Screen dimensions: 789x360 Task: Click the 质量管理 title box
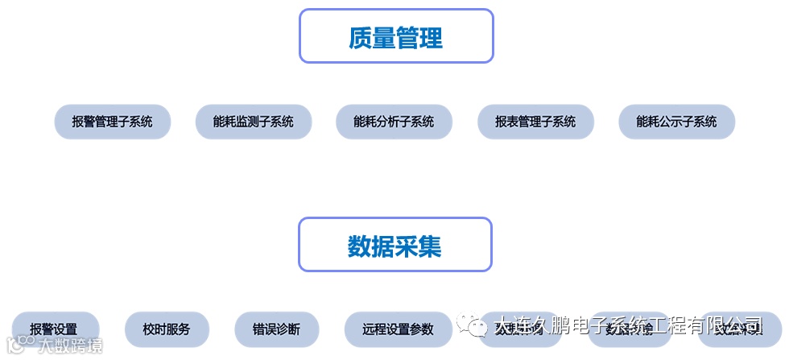[395, 36]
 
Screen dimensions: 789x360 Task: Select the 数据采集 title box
[394, 245]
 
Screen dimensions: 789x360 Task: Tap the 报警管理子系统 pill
[112, 122]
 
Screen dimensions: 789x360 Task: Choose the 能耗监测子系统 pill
[254, 122]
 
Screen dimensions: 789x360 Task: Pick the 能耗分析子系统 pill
[394, 122]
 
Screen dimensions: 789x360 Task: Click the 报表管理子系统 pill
[535, 122]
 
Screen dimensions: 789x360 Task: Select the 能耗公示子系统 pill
[676, 122]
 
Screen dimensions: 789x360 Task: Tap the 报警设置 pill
[54, 329]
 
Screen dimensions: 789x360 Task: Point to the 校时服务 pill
[167, 329]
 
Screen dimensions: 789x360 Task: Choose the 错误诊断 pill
[276, 329]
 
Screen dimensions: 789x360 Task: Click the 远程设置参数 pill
[398, 329]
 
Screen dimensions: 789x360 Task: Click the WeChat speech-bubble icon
[471, 325]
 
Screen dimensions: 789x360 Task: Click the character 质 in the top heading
[360, 37]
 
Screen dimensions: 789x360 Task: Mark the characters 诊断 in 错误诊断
[288, 329]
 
